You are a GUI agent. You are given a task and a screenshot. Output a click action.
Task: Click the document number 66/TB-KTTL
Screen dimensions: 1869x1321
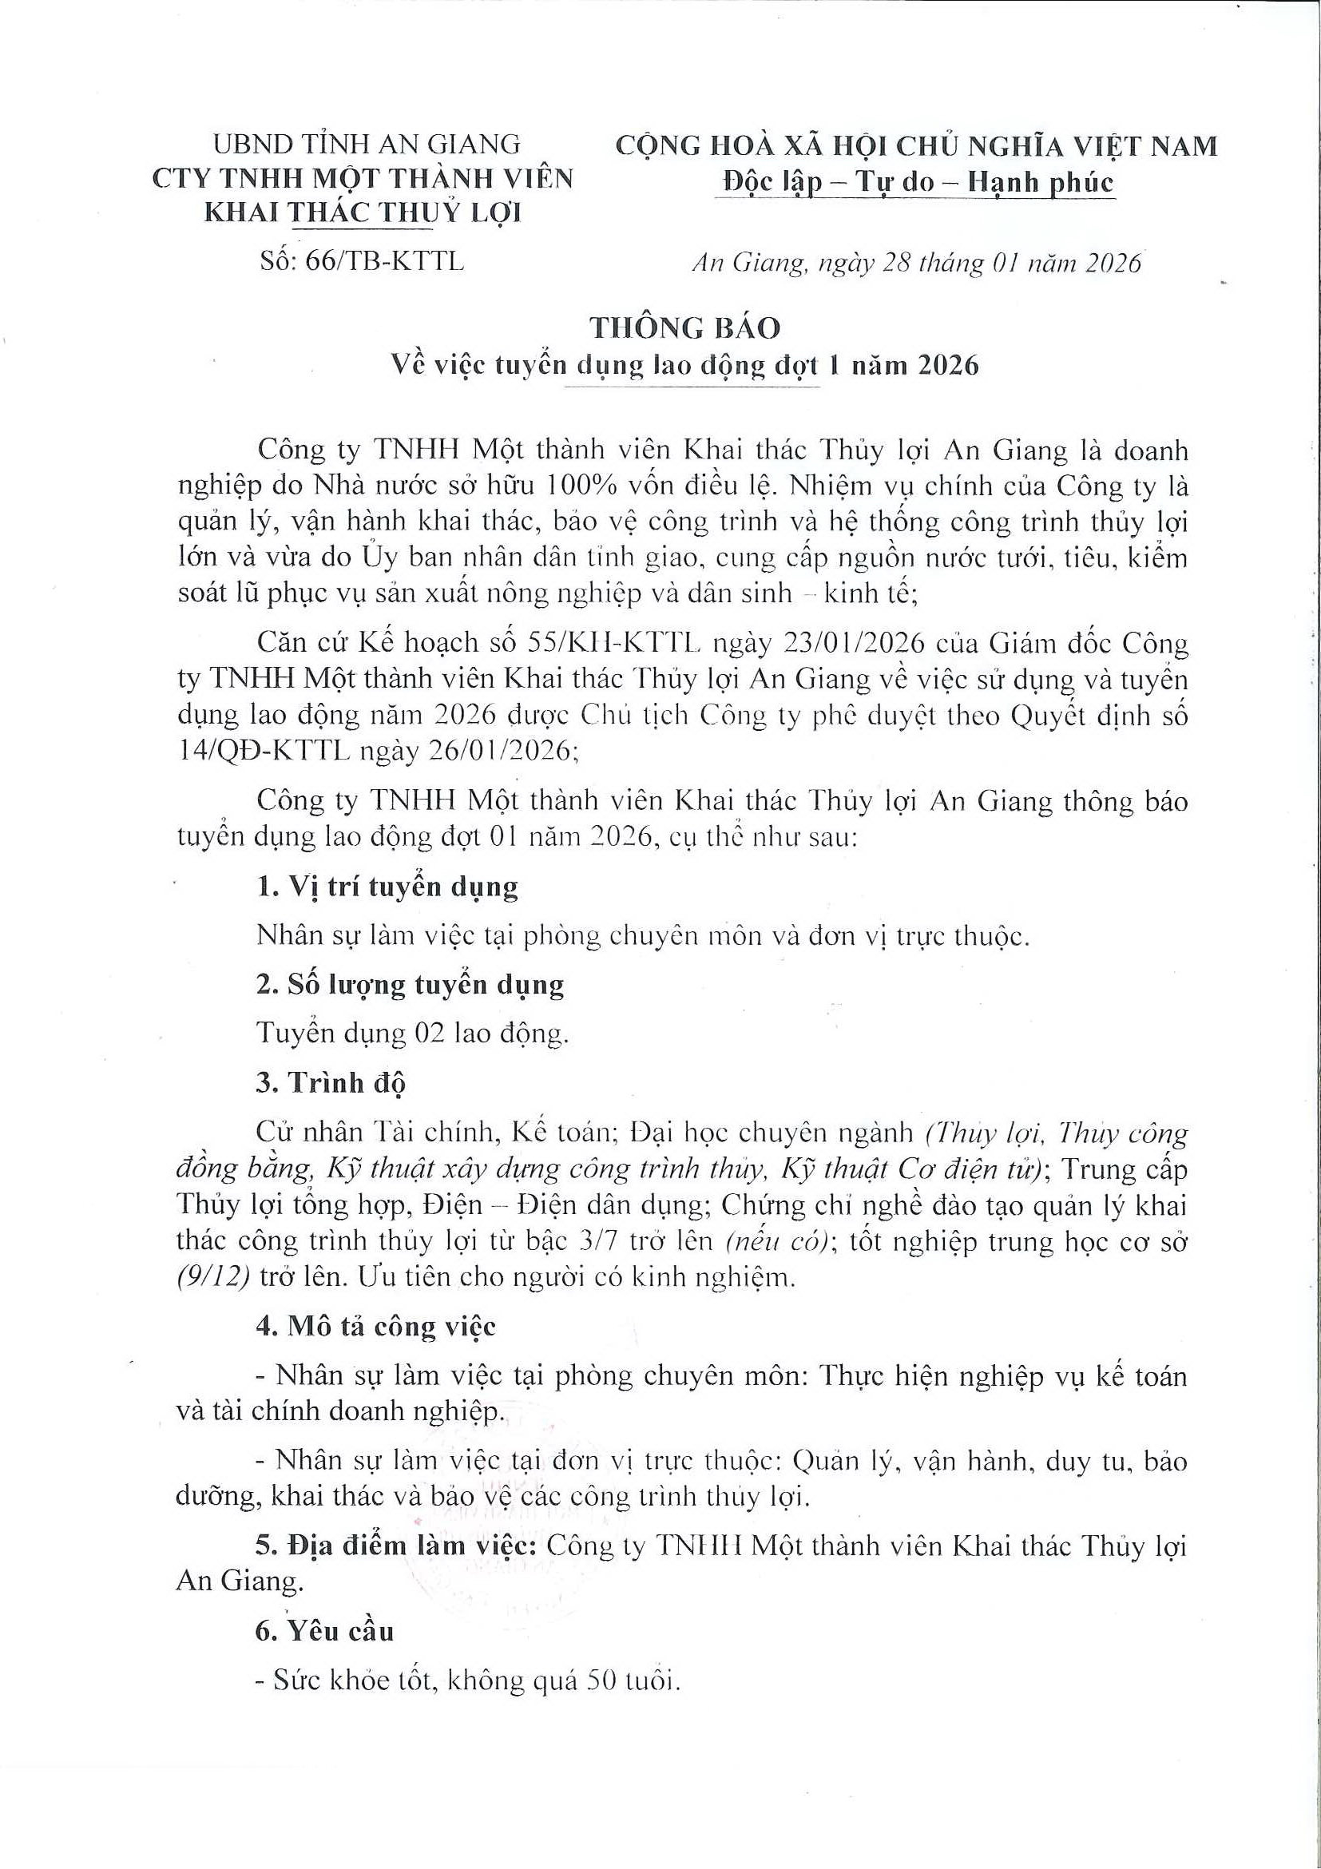pyautogui.click(x=382, y=261)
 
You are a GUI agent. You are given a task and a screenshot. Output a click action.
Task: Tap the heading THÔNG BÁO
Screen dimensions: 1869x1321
pyautogui.click(x=684, y=327)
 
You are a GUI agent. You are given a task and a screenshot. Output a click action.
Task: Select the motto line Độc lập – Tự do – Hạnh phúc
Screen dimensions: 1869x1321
pyautogui.click(x=918, y=182)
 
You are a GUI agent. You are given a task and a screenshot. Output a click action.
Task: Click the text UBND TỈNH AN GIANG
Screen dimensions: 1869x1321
pyautogui.click(x=367, y=144)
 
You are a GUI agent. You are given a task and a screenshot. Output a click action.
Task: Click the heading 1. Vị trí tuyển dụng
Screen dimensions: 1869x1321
pyautogui.click(x=387, y=887)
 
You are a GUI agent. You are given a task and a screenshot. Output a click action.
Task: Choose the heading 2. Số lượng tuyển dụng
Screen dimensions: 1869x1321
pyautogui.click(x=410, y=984)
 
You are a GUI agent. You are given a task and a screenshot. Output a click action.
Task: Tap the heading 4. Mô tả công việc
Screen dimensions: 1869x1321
pyautogui.click(x=375, y=1326)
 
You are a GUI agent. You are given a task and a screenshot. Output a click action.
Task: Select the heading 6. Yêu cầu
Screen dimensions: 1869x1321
pyautogui.click(x=324, y=1630)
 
